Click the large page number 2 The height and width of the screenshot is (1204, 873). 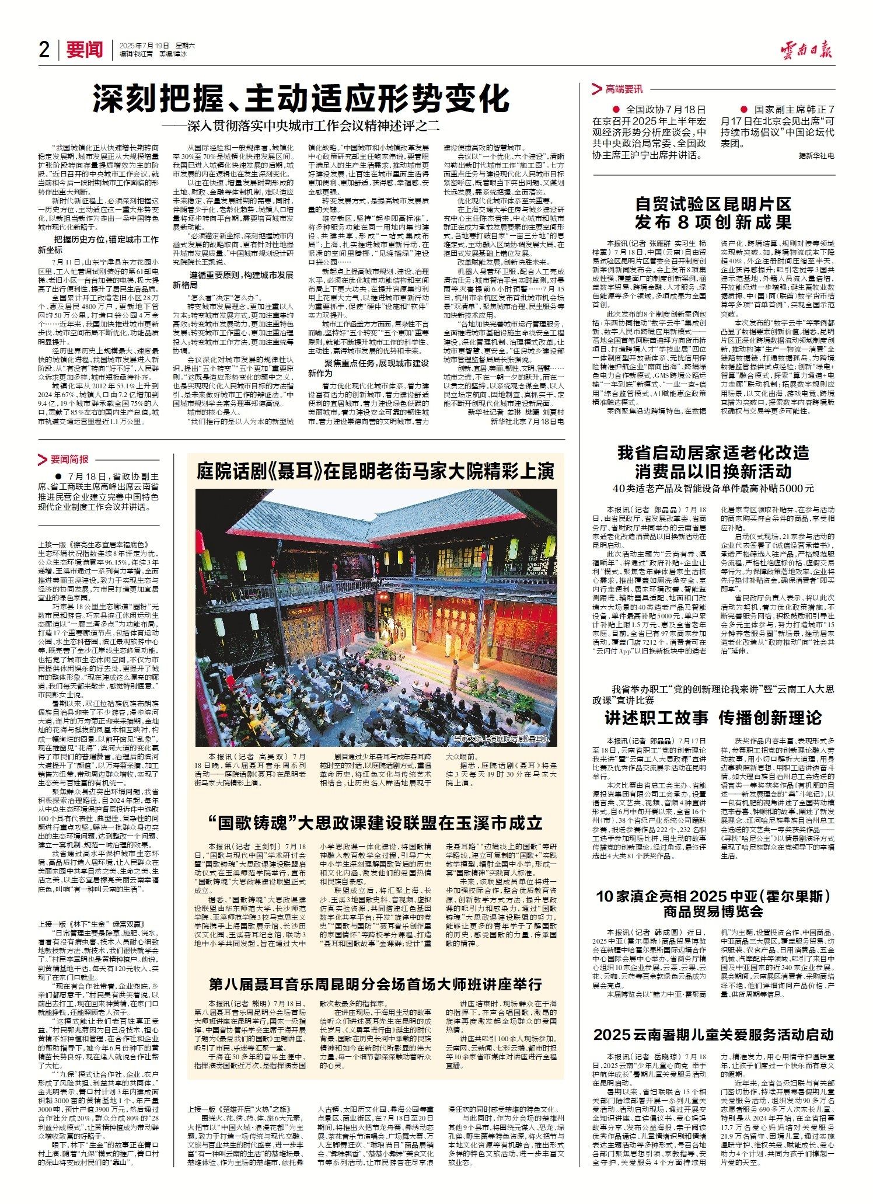pyautogui.click(x=44, y=50)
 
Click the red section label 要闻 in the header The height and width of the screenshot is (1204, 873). pyautogui.click(x=84, y=50)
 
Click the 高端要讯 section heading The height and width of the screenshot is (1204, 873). pyautogui.click(x=623, y=89)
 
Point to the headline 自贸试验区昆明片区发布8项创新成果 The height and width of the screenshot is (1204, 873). pyautogui.click(x=713, y=213)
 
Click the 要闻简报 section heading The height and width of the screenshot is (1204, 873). pyautogui.click(x=69, y=459)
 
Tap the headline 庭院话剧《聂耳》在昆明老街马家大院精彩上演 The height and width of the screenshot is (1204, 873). pyautogui.click(x=375, y=471)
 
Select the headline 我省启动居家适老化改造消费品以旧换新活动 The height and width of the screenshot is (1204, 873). pyautogui.click(x=713, y=462)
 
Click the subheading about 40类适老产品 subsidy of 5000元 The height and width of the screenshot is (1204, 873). pyautogui.click(x=713, y=489)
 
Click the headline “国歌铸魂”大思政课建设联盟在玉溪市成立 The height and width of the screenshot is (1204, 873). pyautogui.click(x=375, y=823)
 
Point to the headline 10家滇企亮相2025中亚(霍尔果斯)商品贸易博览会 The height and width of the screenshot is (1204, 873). pyautogui.click(x=713, y=904)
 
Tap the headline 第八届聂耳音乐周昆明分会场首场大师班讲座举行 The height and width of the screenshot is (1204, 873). pyautogui.click(x=375, y=968)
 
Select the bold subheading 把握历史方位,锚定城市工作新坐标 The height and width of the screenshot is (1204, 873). pyautogui.click(x=106, y=244)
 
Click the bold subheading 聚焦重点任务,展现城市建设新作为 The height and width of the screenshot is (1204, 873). pyautogui.click(x=368, y=367)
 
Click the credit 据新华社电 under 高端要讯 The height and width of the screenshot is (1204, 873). pyautogui.click(x=816, y=156)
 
